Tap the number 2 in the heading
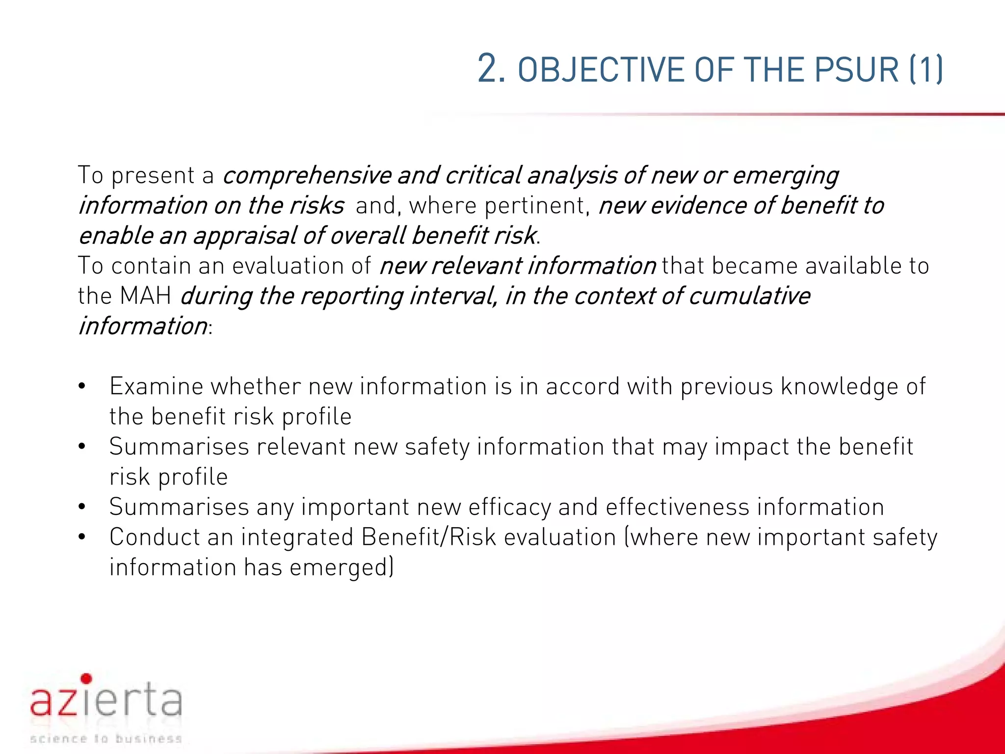pyautogui.click(x=491, y=69)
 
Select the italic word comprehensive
pyautogui.click(x=307, y=176)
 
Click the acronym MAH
pyautogui.click(x=145, y=296)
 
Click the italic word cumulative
pyautogui.click(x=749, y=296)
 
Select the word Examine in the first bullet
pyautogui.click(x=156, y=386)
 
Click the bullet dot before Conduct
pyautogui.click(x=82, y=537)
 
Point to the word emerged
pyautogui.click(x=340, y=568)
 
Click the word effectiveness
pyautogui.click(x=678, y=507)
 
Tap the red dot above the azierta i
pyautogui.click(x=86, y=678)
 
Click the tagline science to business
pyautogui.click(x=106, y=739)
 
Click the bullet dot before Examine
pyautogui.click(x=82, y=386)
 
